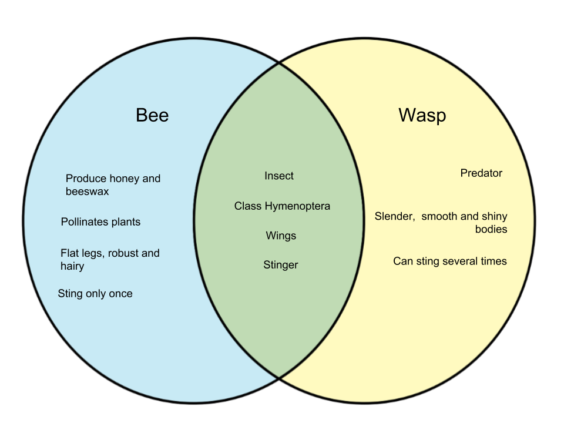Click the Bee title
[152, 115]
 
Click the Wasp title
[422, 115]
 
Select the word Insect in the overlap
[279, 176]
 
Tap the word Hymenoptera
[297, 206]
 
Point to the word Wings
[281, 236]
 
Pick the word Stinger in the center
[281, 265]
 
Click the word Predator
[481, 173]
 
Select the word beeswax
[87, 192]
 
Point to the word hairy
[72, 267]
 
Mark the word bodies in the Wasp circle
[491, 229]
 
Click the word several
[458, 261]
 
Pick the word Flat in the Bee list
[70, 253]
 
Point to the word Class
[247, 206]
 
